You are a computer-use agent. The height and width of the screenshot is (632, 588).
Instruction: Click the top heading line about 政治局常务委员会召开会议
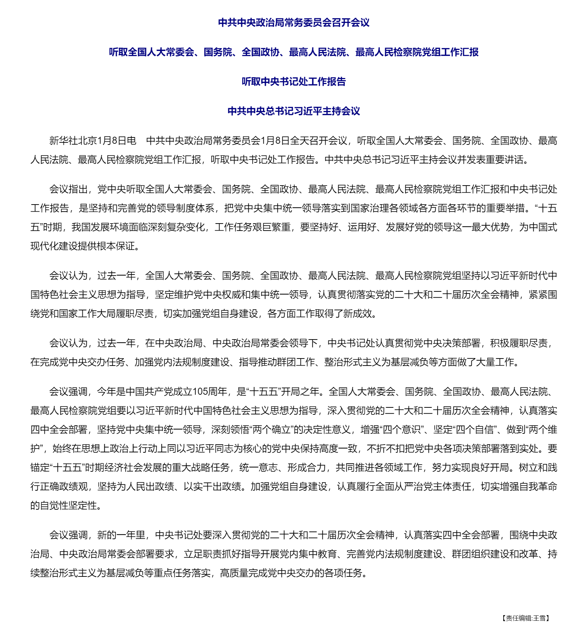tap(294, 23)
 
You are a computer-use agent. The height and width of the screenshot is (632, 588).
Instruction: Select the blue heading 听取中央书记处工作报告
tap(294, 82)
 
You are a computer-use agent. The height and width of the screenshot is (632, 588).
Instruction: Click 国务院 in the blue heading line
tap(218, 52)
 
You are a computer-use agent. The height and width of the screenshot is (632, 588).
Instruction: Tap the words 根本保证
tap(116, 246)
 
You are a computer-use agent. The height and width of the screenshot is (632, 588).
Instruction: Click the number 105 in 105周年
tap(200, 392)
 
